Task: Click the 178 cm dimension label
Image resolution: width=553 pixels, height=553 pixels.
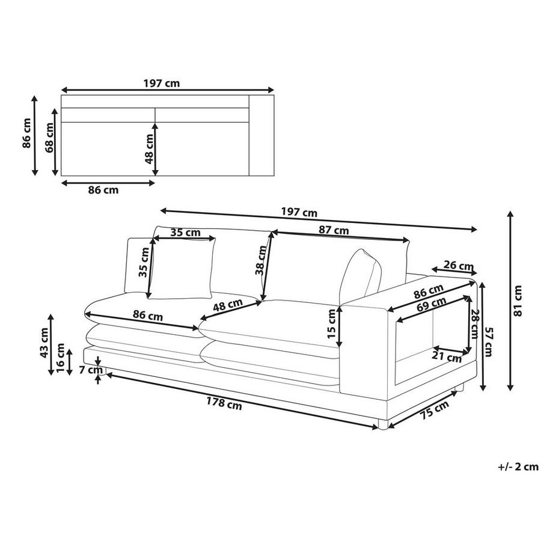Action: (x=224, y=403)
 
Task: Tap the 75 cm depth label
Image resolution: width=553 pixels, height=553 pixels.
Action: (x=435, y=410)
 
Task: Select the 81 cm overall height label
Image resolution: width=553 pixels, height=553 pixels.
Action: (x=518, y=301)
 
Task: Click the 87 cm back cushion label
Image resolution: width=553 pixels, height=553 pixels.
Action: (x=334, y=230)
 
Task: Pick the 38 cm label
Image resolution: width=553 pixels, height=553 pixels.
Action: (x=261, y=260)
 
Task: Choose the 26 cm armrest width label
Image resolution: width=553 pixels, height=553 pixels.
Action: (x=458, y=265)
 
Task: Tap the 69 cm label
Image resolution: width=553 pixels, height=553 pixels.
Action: (x=431, y=304)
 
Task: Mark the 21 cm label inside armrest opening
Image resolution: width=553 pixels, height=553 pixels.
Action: (x=447, y=357)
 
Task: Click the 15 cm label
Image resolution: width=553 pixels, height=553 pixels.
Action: (x=332, y=324)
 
